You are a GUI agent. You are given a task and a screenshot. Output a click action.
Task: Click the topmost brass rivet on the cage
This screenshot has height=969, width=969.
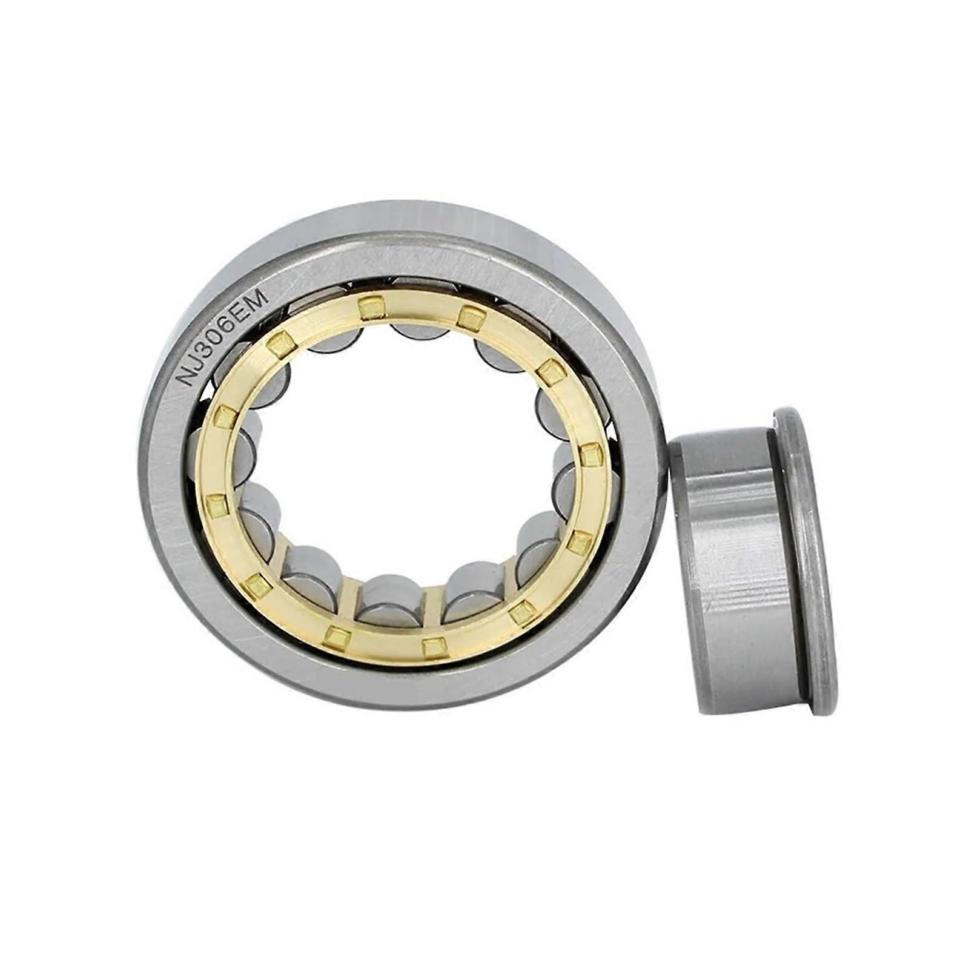pyautogui.click(x=371, y=307)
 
